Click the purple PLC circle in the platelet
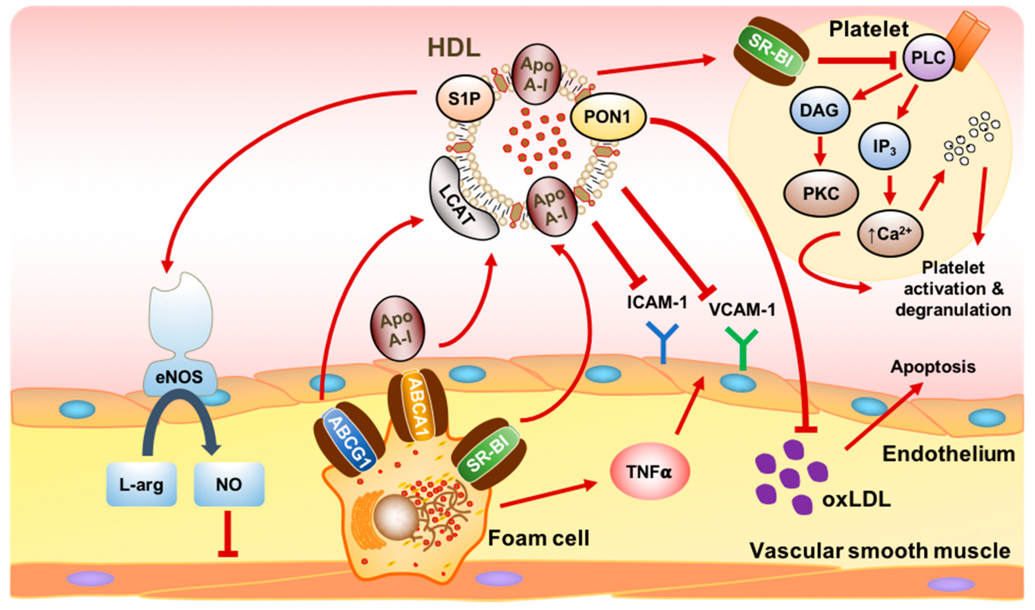(928, 58)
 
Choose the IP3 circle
(884, 146)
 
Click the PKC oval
(821, 194)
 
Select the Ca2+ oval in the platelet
(890, 234)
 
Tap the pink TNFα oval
(649, 472)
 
